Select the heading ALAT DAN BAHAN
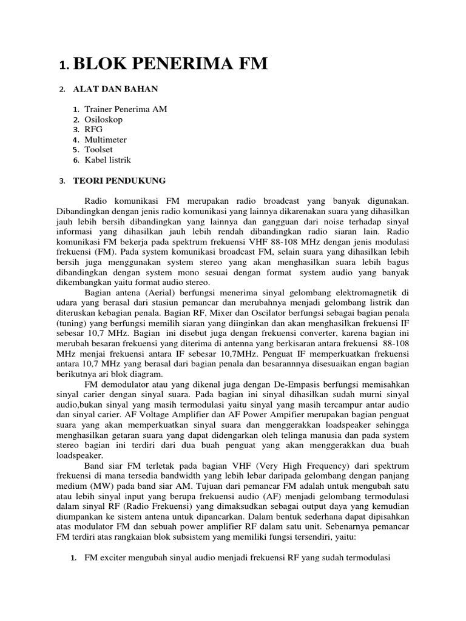(115, 89)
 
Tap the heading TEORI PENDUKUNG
(119, 181)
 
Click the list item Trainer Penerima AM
(126, 109)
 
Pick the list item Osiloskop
(104, 119)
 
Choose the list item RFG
(94, 130)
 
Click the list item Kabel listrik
(108, 160)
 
